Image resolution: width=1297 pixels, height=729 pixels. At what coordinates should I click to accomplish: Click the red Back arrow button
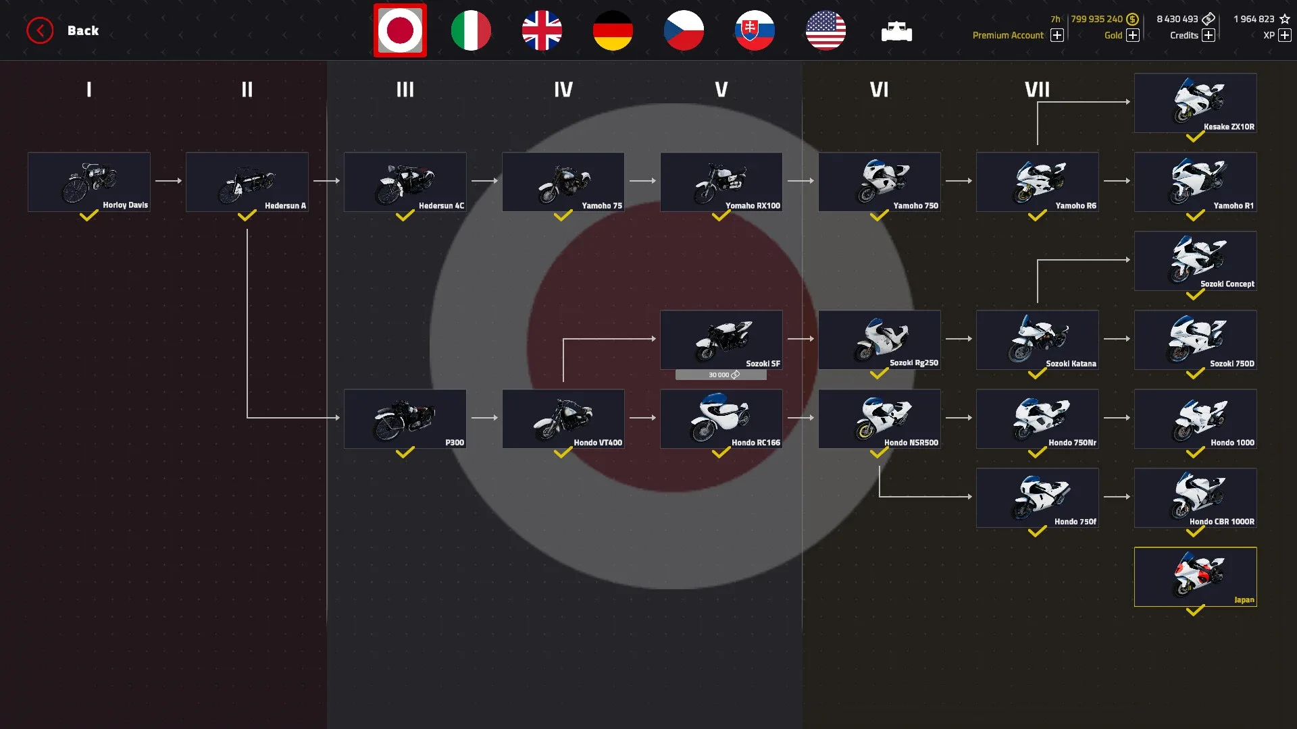pos(40,30)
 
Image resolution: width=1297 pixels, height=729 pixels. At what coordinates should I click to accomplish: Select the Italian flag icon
pos(471,30)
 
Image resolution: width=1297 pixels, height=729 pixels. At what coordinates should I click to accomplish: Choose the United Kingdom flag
pos(542,30)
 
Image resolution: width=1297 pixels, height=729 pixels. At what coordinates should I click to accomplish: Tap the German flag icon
pos(613,30)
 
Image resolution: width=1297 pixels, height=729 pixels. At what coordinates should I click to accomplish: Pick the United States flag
pos(825,30)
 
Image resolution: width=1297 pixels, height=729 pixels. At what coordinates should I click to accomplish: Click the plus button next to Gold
pos(1133,35)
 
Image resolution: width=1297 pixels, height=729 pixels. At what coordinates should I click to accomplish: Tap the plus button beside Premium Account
pos(1057,35)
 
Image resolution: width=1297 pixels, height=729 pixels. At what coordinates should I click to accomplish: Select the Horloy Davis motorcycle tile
pos(89,182)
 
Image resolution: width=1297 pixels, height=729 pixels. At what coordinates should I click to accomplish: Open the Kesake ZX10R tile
pos(1196,103)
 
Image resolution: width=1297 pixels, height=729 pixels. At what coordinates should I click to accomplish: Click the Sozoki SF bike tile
pos(721,340)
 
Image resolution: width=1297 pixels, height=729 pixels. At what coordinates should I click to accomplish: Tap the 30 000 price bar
pos(721,375)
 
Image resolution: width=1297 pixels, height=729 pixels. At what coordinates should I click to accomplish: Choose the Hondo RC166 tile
pos(721,418)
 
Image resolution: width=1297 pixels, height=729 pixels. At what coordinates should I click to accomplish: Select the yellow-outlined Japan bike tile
pos(1196,576)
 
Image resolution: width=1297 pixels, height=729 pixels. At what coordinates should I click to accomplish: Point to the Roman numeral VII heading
pos(1037,89)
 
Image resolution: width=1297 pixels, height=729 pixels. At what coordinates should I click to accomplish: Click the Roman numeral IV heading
pos(563,89)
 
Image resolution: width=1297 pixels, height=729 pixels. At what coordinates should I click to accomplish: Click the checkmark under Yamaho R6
pos(1037,216)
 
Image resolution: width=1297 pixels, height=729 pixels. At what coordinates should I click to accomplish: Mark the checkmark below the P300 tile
pos(405,453)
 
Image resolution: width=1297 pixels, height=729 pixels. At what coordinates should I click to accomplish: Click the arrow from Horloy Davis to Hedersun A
pos(168,181)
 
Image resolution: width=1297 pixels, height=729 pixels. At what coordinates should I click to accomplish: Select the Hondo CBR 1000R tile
pos(1196,497)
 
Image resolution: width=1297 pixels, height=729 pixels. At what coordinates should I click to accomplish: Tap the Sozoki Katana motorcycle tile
pos(1038,340)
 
